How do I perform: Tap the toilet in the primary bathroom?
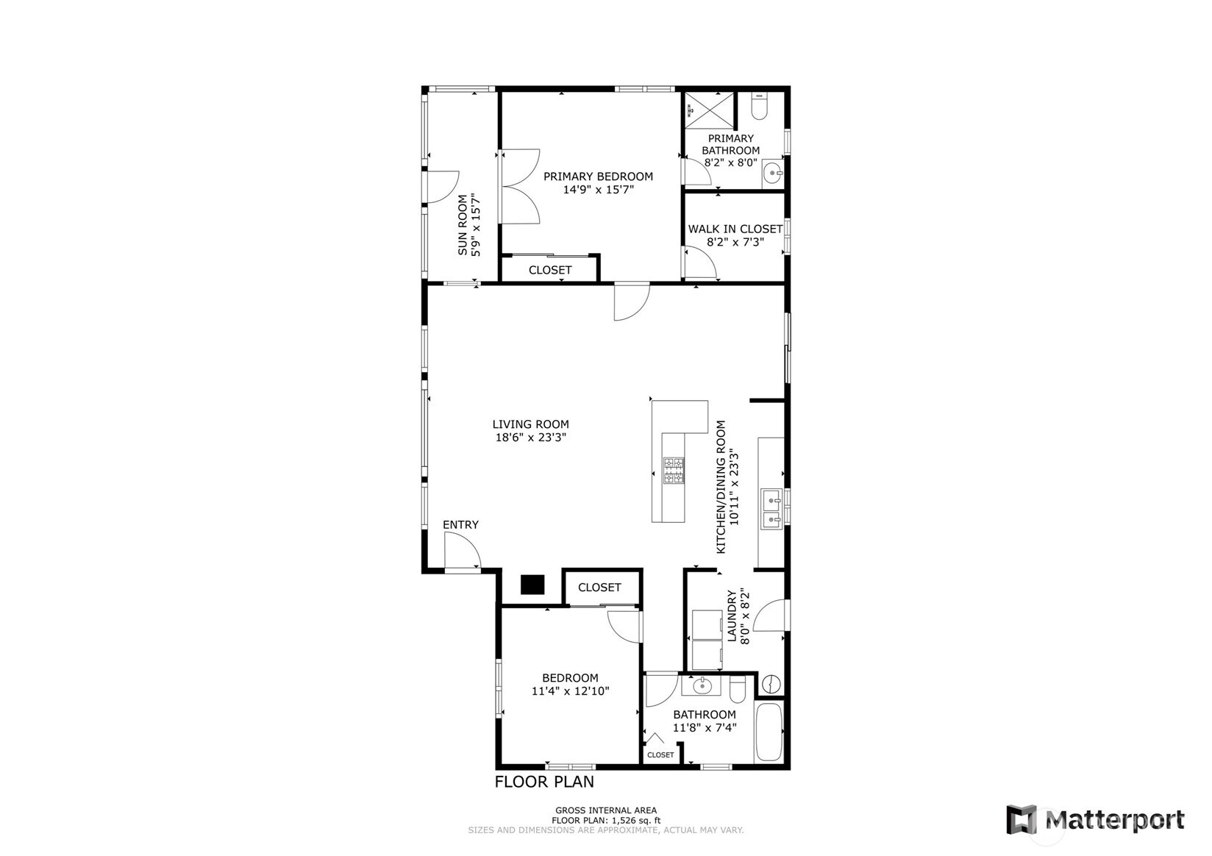pyautogui.click(x=760, y=107)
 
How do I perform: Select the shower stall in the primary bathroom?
pyautogui.click(x=710, y=110)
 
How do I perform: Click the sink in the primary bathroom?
pyautogui.click(x=773, y=174)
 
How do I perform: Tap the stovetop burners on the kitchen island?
pyautogui.click(x=674, y=470)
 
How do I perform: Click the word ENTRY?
pyautogui.click(x=460, y=525)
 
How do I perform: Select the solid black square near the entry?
pyautogui.click(x=532, y=585)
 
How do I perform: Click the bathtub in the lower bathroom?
pyautogui.click(x=769, y=732)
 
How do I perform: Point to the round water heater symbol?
pyautogui.click(x=771, y=683)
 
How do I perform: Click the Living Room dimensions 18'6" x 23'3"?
pyautogui.click(x=531, y=438)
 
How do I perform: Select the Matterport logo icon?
pyautogui.click(x=1021, y=820)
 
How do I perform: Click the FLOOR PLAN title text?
pyautogui.click(x=544, y=782)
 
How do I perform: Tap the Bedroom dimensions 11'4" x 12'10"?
pyautogui.click(x=571, y=691)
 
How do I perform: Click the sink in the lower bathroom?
pyautogui.click(x=701, y=686)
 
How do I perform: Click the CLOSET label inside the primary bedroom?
pyautogui.click(x=549, y=270)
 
